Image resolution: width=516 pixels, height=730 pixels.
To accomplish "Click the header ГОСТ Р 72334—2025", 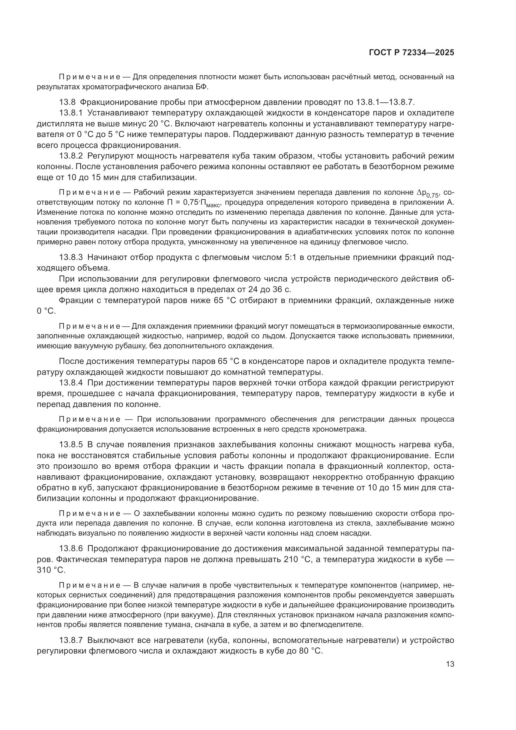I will click(x=411, y=53).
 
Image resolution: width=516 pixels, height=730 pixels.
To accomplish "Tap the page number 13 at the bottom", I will click(x=450, y=664).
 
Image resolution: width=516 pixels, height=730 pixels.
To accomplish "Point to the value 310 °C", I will click(x=51, y=570).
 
